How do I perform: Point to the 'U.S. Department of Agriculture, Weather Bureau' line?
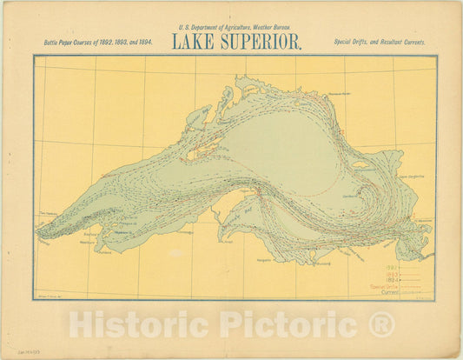coord(231,29)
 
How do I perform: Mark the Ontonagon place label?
coord(183,232)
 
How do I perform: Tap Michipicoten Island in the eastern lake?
coord(360,163)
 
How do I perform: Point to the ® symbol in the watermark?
coord(380,324)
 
